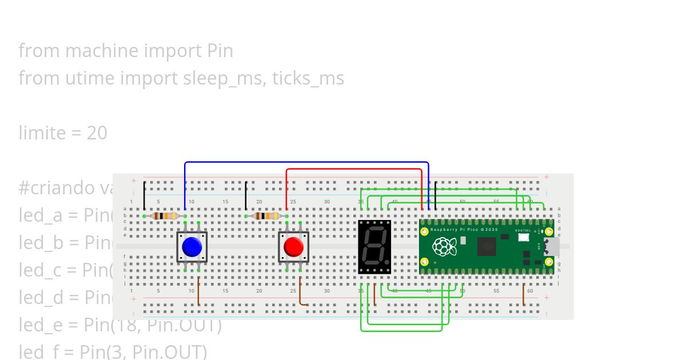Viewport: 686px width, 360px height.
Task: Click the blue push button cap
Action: pyautogui.click(x=192, y=247)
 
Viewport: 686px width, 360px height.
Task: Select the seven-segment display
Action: pyautogui.click(x=374, y=247)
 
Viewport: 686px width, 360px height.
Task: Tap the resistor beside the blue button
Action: pyautogui.click(x=164, y=216)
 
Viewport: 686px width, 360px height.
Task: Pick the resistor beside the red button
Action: pyautogui.click(x=266, y=216)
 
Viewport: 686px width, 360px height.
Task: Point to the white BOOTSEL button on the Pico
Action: pyautogui.click(x=524, y=239)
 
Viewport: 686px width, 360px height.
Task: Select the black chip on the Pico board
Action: pyautogui.click(x=487, y=247)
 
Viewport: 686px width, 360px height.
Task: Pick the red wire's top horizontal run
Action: pyautogui.click(x=354, y=169)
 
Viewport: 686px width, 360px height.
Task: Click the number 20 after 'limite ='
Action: pyautogui.click(x=97, y=133)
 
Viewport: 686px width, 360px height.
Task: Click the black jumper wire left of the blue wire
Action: pyautogui.click(x=144, y=195)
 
